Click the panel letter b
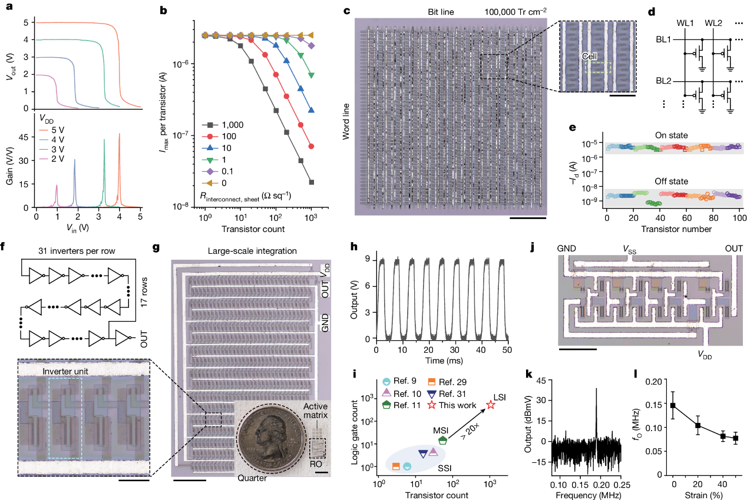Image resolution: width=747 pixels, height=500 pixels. [157, 11]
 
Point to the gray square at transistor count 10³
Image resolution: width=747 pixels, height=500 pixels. [311, 182]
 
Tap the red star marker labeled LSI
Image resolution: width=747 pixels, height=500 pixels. [490, 405]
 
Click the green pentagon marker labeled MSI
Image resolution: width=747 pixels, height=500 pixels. [442, 440]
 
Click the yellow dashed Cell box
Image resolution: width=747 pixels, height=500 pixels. [598, 68]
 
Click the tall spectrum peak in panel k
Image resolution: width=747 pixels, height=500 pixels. [596, 391]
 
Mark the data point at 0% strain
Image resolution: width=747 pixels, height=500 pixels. [673, 406]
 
